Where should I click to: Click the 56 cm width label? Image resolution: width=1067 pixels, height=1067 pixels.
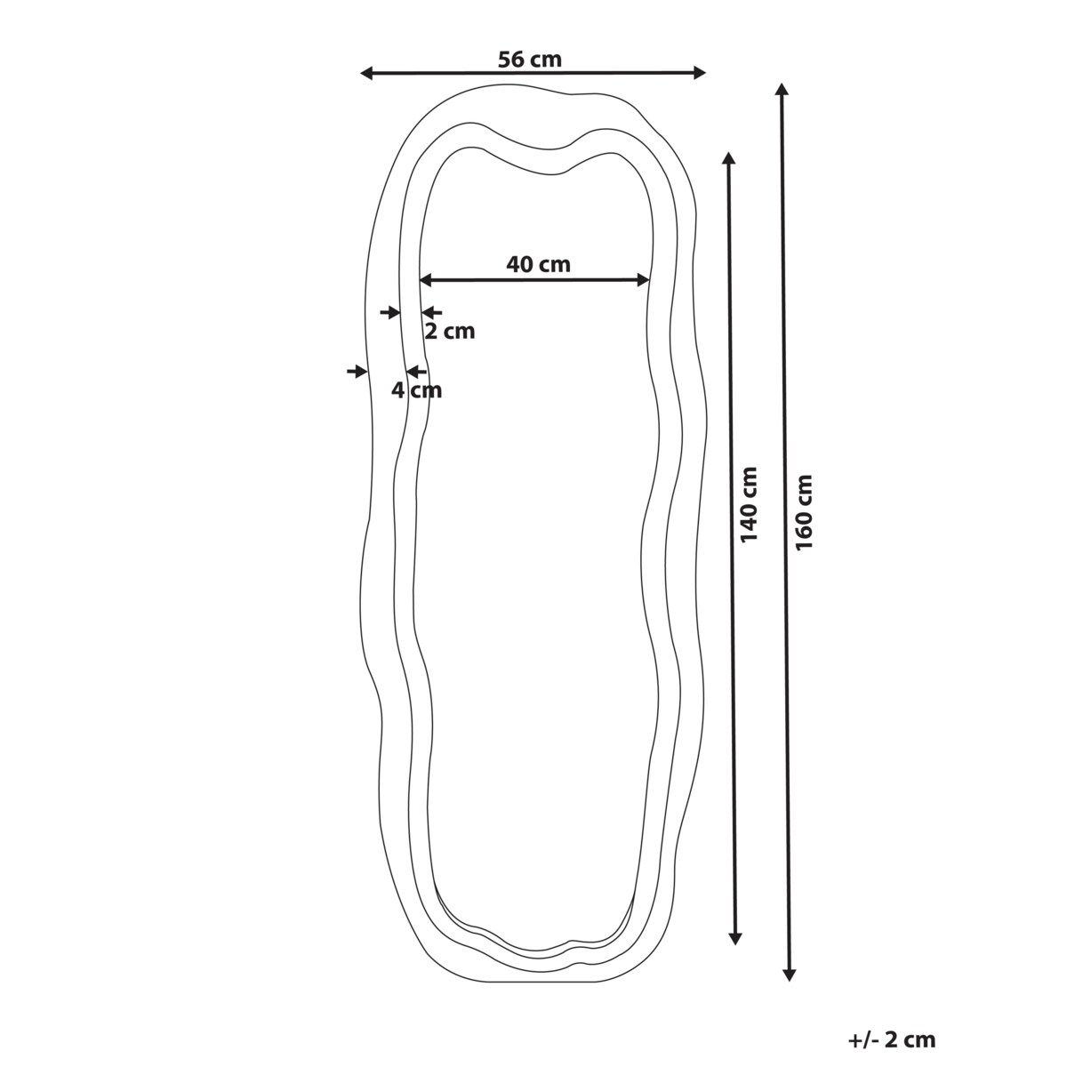coord(530,60)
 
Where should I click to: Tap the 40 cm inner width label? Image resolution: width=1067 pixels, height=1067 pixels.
coord(538,264)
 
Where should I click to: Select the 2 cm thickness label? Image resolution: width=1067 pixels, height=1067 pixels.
coord(449,332)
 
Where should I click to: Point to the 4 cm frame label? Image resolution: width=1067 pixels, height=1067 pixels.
coord(416,389)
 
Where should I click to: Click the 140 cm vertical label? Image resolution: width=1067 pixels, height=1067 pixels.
coord(750,504)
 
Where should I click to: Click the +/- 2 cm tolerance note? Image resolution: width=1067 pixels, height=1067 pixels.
coord(892,1039)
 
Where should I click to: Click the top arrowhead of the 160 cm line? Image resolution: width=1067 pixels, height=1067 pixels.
coord(782,90)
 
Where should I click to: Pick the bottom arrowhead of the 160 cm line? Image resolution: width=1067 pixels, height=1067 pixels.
coord(789,975)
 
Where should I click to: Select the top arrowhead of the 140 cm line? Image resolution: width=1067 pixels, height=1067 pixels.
coord(728,159)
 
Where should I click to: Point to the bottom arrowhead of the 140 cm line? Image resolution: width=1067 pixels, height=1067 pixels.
coord(735,937)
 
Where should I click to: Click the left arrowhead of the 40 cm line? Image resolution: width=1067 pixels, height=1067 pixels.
coord(425,280)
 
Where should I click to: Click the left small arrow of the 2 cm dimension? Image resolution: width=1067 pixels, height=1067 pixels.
coord(389,312)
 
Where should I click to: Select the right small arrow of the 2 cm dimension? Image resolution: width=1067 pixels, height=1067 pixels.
coord(431,312)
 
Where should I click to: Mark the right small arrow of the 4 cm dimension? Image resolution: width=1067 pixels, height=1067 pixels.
coord(414,371)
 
